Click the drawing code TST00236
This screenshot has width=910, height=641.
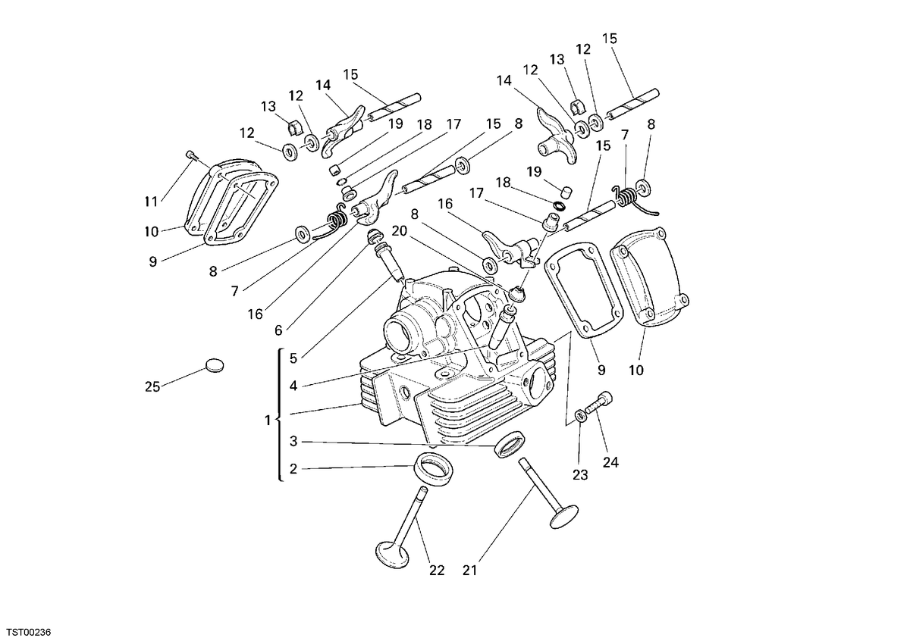click(x=29, y=632)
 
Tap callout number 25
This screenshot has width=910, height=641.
click(x=152, y=387)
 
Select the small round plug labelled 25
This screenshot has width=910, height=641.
click(x=215, y=365)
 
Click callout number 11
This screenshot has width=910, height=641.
click(x=151, y=202)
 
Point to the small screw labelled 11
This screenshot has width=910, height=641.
click(x=190, y=155)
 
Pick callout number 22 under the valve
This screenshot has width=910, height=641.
click(x=437, y=571)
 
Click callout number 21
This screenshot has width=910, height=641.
click(x=469, y=571)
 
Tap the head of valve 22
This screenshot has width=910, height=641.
click(x=393, y=555)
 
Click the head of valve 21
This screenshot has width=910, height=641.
click(x=564, y=517)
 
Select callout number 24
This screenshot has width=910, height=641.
click(x=610, y=462)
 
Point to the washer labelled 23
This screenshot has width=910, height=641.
click(x=581, y=416)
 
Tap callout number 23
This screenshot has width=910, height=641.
click(x=580, y=474)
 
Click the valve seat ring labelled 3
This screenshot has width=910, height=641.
click(x=510, y=444)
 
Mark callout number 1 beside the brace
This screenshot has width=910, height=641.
click(x=267, y=421)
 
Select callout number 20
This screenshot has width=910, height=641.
click(x=399, y=231)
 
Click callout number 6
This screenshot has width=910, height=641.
click(x=278, y=331)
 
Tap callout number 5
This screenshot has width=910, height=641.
click(x=293, y=358)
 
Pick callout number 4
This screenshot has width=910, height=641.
click(x=293, y=386)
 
